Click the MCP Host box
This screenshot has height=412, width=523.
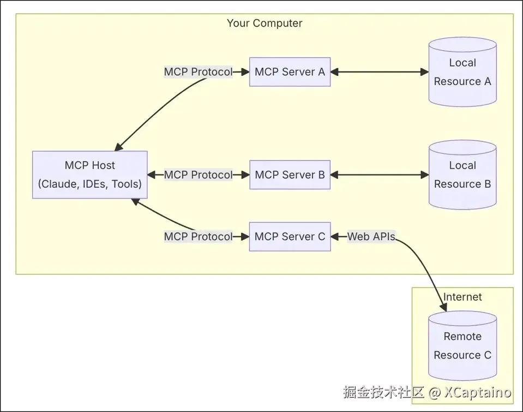coord(89,175)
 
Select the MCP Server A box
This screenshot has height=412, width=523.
coord(290,71)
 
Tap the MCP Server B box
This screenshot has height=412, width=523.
coord(290,175)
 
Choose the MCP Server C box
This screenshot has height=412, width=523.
coord(290,236)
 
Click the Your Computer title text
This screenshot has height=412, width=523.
coord(264,23)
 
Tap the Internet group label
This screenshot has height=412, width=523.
coord(462,297)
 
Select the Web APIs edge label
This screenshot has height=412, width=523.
coord(371,236)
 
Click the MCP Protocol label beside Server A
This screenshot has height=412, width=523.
coord(198,71)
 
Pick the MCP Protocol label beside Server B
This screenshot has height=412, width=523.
coord(198,175)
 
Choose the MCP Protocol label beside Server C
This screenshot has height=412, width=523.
coord(198,236)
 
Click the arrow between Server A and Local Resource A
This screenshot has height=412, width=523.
coord(380,71)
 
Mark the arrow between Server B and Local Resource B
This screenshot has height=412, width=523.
coord(380,175)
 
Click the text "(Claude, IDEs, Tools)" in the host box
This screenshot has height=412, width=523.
coord(89,184)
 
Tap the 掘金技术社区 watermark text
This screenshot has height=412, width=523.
coord(383,392)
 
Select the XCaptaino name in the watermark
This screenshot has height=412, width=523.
coord(477,392)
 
